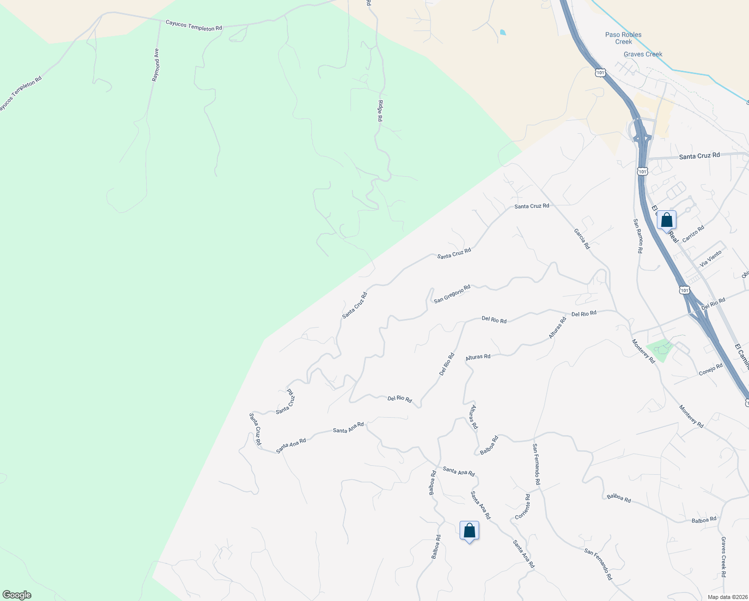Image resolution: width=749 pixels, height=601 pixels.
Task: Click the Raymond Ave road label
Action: point(156,65)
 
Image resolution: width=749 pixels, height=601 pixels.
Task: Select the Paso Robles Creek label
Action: point(623,38)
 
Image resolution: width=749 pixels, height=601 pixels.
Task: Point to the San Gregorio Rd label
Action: point(452,294)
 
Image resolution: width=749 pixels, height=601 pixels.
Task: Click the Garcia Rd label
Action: point(582,239)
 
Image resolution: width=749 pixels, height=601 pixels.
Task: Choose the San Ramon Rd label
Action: point(637,236)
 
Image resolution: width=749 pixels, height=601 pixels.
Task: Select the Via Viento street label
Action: point(711,258)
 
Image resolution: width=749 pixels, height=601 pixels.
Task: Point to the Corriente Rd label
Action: point(523,507)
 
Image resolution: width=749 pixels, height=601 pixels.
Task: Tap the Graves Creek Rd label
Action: point(723,557)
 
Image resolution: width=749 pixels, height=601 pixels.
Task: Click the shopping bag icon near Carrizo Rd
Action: point(666,220)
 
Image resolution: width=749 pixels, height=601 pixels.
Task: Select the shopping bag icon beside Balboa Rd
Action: point(469,530)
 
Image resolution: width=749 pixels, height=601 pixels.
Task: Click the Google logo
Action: point(17,595)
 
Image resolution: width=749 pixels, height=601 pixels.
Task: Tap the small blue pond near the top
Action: point(503,33)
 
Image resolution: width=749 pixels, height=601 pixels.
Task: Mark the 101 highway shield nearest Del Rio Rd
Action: point(684,290)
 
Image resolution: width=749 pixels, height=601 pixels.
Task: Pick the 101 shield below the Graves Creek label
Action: point(600,73)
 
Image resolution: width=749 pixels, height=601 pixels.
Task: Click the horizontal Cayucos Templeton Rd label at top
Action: point(194,26)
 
